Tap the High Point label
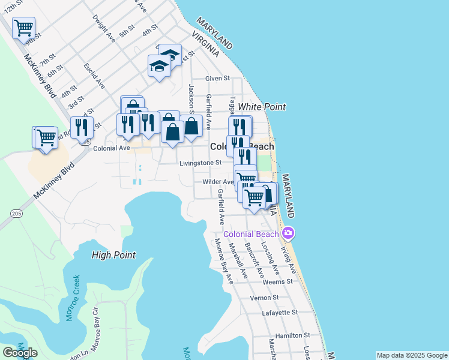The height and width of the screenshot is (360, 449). (113, 255)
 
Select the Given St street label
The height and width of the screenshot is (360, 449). (217, 79)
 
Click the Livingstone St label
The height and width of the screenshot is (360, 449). (200, 163)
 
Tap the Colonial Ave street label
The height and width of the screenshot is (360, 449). (112, 148)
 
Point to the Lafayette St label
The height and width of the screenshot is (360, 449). (280, 313)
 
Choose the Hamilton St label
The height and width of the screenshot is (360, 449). (292, 335)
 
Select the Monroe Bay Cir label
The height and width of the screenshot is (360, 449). (95, 326)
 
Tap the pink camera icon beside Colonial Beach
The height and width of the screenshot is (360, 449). (289, 233)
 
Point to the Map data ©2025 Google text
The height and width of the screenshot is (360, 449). (412, 355)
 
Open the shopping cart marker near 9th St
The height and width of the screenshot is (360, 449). (23, 27)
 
